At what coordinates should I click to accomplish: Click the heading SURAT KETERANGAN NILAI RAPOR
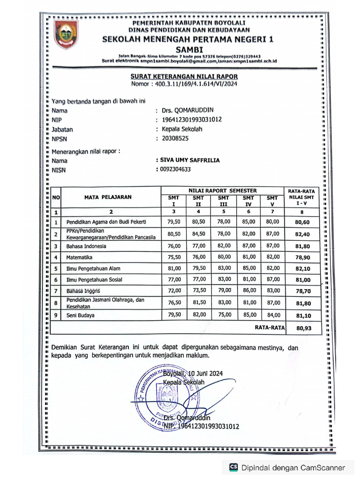click(184, 76)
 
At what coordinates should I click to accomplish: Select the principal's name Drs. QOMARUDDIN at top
click(187, 111)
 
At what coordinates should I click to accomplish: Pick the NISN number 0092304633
click(175, 169)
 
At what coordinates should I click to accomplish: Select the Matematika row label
click(79, 257)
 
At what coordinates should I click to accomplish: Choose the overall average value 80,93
click(303, 329)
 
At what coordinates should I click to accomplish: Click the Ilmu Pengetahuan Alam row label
click(93, 269)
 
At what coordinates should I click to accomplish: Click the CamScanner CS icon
click(233, 467)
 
